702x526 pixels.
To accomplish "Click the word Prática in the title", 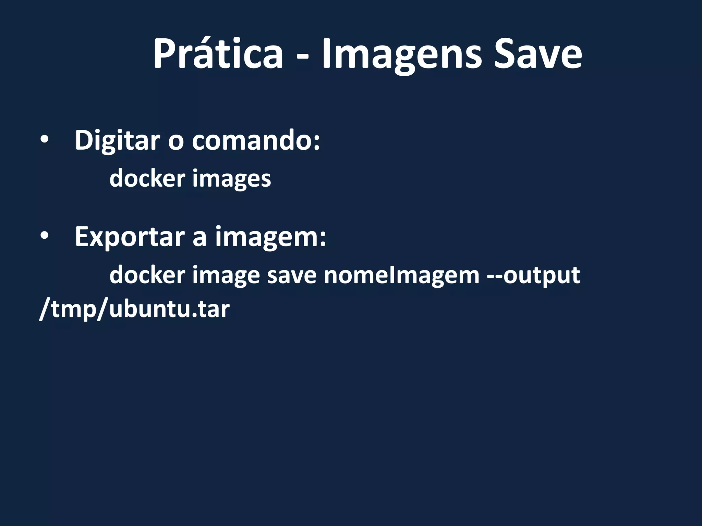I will tap(218, 54).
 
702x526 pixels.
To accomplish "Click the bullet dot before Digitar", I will tap(44, 141).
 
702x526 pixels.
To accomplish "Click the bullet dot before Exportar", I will tap(44, 237).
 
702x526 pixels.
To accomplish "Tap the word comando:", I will tap(256, 140).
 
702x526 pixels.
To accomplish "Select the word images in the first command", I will tap(231, 179).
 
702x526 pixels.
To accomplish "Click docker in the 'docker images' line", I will tap(147, 178).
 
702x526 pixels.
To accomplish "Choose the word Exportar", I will tap(130, 237).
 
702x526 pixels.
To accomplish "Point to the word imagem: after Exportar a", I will tap(270, 237).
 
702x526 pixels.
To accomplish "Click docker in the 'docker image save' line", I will tap(147, 275).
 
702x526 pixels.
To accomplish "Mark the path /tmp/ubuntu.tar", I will tap(134, 309).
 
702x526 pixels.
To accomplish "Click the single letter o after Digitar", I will tap(176, 141).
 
